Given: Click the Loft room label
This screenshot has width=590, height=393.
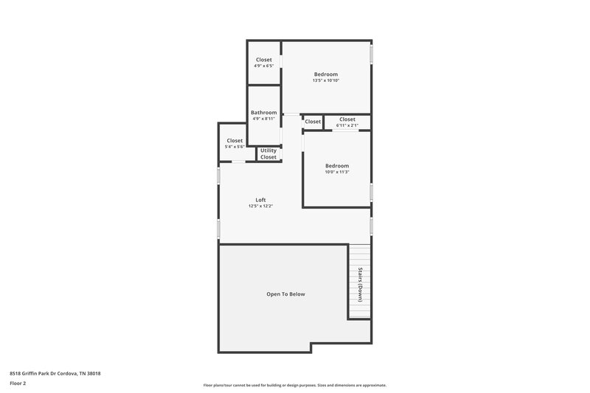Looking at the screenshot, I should (260, 200).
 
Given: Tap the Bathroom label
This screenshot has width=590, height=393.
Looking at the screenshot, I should (263, 112).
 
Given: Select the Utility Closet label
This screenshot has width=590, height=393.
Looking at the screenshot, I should (268, 153).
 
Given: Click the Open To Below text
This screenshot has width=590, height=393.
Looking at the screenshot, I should (285, 294).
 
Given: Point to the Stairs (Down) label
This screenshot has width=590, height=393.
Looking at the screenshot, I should (360, 284).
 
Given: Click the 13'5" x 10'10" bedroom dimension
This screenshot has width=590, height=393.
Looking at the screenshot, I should (325, 80).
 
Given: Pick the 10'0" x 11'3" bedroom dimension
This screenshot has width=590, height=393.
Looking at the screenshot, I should (337, 173).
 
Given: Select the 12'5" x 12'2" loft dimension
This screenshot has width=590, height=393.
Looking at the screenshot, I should (260, 206).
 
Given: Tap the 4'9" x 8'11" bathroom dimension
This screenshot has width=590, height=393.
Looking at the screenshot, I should (263, 119).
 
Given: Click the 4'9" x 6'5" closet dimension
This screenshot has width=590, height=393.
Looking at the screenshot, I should (263, 66).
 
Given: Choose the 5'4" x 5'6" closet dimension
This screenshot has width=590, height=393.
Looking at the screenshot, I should (235, 147).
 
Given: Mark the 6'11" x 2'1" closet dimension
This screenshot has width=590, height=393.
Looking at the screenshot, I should (347, 125).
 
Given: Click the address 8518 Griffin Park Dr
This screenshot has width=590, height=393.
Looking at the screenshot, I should (55, 373).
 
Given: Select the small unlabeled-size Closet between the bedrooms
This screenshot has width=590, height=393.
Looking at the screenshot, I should (313, 122).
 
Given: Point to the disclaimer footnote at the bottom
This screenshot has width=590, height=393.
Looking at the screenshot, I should (295, 386).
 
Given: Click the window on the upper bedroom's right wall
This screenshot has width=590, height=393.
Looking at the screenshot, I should (371, 55).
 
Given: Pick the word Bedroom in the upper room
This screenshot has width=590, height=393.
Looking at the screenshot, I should (325, 74).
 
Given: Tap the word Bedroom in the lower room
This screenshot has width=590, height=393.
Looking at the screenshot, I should (337, 166).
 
